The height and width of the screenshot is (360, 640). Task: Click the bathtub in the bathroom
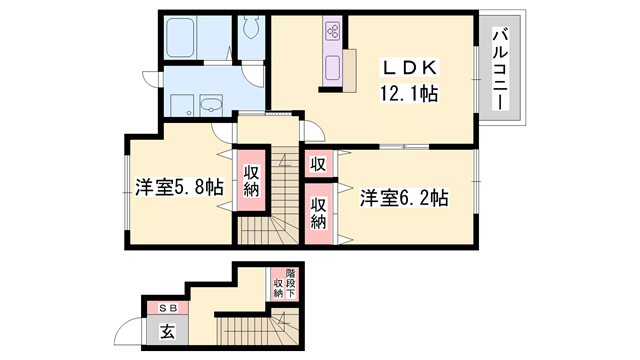193,39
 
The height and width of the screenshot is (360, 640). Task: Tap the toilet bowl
251,27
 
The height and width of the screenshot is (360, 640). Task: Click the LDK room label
405,69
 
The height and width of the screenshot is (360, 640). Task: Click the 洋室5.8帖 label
179,189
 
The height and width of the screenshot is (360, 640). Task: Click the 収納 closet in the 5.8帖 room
251,181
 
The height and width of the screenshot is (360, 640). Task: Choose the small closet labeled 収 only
318,164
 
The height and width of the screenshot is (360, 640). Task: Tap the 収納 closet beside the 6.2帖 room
318,213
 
